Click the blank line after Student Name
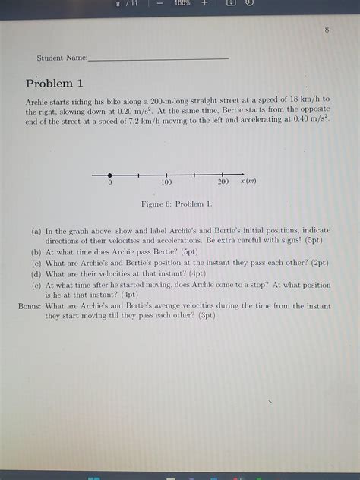[158, 58]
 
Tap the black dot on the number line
[110, 175]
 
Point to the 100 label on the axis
[166, 182]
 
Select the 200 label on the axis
[223, 182]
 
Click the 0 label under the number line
[110, 183]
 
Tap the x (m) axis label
[248, 182]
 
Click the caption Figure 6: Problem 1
[177, 204]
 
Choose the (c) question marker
[36, 262]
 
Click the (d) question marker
[36, 273]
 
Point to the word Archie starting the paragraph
[38, 99]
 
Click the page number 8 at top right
[327, 30]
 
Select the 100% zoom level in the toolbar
[182, 4]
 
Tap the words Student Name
[62, 58]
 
